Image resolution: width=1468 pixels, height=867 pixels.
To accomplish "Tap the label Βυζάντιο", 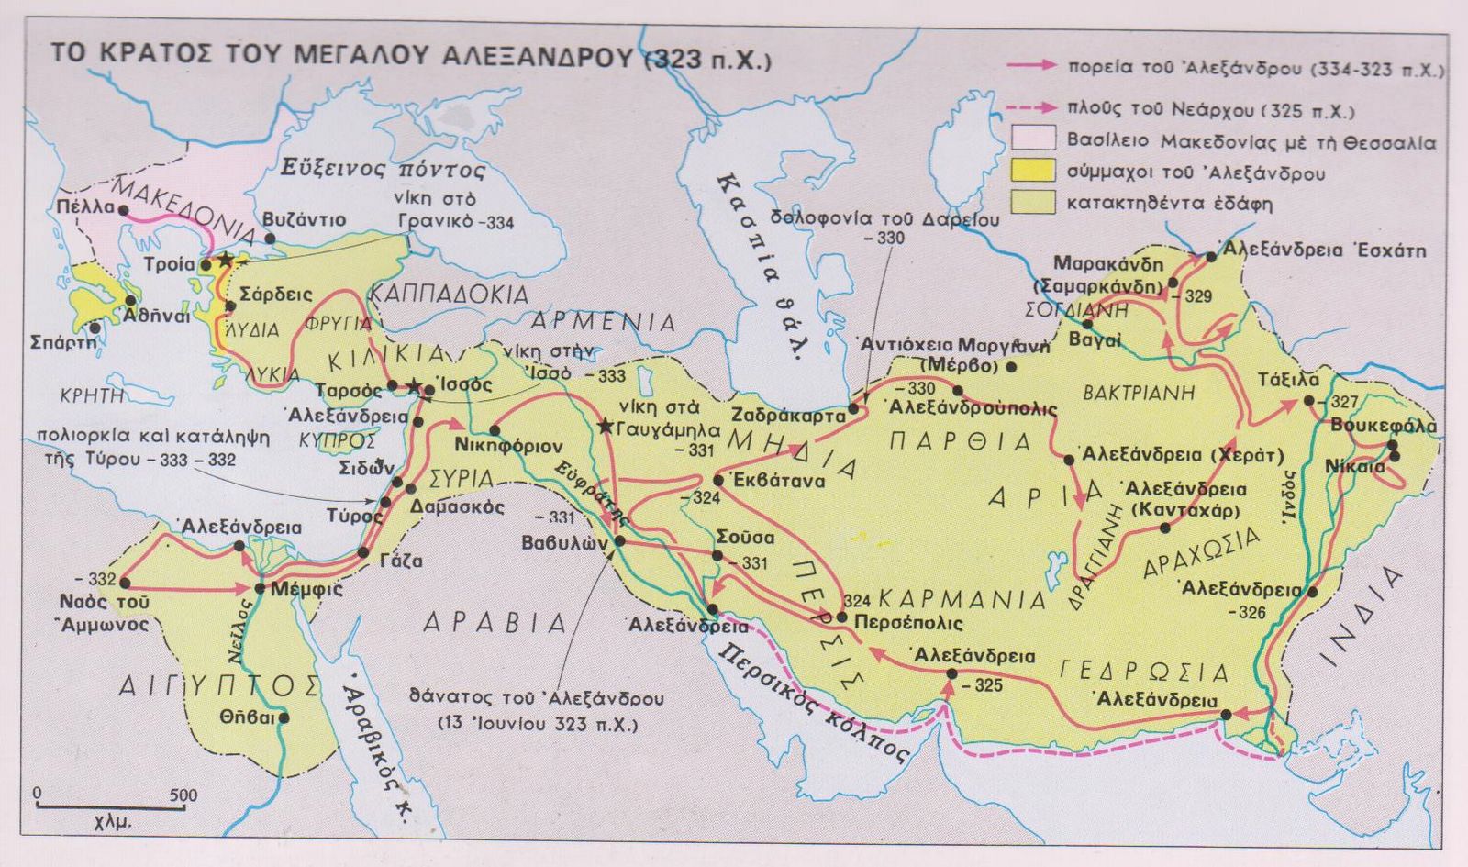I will click(x=304, y=220).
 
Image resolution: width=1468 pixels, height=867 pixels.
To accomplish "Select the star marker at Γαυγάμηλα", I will click(x=605, y=427).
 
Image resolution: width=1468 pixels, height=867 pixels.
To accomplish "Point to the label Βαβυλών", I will click(x=564, y=542).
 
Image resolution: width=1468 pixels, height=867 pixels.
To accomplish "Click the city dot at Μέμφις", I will click(x=261, y=587).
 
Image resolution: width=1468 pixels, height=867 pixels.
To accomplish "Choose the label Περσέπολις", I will click(x=908, y=623).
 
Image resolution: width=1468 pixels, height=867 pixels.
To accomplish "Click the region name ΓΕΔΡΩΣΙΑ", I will click(x=1144, y=672).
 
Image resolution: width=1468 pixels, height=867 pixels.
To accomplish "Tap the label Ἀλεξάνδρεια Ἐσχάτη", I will click(x=1324, y=250).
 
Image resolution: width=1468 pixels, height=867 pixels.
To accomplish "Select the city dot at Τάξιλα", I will click(x=1308, y=401).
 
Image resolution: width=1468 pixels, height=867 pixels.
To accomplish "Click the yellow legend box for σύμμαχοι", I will click(x=1033, y=172).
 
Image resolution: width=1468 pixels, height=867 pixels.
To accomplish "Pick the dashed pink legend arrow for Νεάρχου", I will click(x=1031, y=109).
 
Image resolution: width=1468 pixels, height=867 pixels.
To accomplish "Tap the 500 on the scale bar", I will click(x=183, y=795).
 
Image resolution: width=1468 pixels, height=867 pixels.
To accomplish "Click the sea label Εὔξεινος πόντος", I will click(x=383, y=171).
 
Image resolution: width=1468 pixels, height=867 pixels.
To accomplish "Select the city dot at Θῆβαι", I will click(x=284, y=717).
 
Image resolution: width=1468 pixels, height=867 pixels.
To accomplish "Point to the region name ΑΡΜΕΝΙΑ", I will click(x=603, y=322).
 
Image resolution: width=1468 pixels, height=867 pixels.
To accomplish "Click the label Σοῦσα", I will click(x=745, y=538).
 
